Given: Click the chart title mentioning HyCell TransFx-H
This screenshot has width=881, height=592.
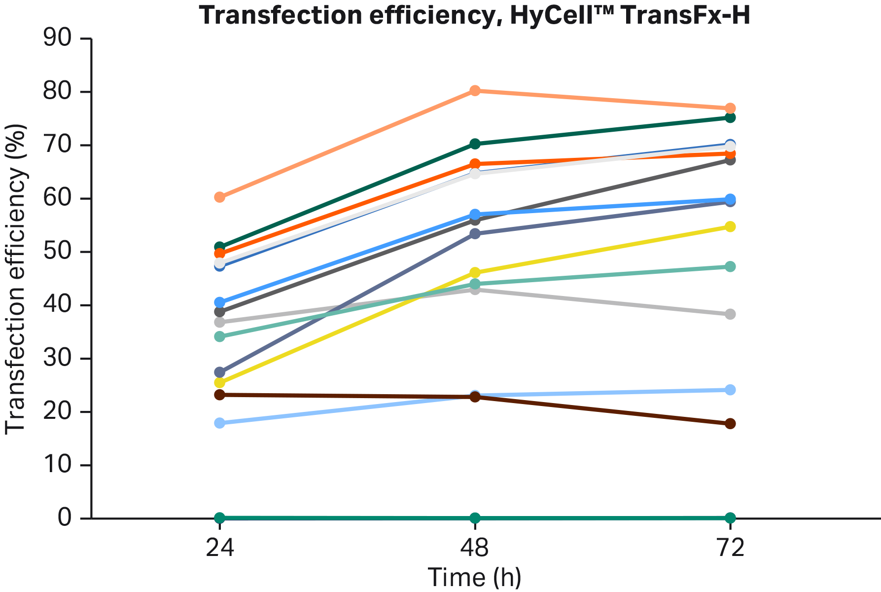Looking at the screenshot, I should pos(474,15).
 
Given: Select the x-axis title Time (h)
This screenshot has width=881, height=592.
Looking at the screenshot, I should pos(474,577).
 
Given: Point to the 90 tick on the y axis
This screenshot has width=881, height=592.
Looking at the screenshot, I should pos(57,38).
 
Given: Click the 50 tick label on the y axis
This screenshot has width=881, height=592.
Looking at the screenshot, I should pos(57,252).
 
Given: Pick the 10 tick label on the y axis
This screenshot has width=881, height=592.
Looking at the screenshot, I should pos(57,465).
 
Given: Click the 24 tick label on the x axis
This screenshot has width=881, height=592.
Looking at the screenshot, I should pos(220,548).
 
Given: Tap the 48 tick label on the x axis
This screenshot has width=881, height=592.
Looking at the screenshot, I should pos(474,548).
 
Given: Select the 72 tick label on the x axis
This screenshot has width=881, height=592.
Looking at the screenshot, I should pos(730,548).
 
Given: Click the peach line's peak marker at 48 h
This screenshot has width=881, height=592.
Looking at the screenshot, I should pos(475,90).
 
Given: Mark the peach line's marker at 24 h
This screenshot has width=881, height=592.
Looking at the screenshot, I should pos(220,197).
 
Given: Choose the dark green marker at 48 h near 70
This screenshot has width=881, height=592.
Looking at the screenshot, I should pos(475,144).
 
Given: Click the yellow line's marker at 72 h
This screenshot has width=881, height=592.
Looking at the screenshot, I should pos(730,226).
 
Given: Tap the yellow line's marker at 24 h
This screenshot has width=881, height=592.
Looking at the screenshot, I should pos(220,383).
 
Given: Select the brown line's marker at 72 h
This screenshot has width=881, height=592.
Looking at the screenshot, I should pos(730,423).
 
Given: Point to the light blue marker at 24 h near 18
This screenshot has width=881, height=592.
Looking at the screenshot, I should pos(220,423).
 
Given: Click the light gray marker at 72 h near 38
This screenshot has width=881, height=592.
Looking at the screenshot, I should pos(730,314).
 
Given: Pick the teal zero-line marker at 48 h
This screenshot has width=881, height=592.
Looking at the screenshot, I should pos(475,518).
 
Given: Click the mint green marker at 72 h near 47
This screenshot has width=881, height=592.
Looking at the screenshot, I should pos(730,266).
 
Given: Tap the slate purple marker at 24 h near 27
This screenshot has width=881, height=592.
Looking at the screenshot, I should pos(220,371).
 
